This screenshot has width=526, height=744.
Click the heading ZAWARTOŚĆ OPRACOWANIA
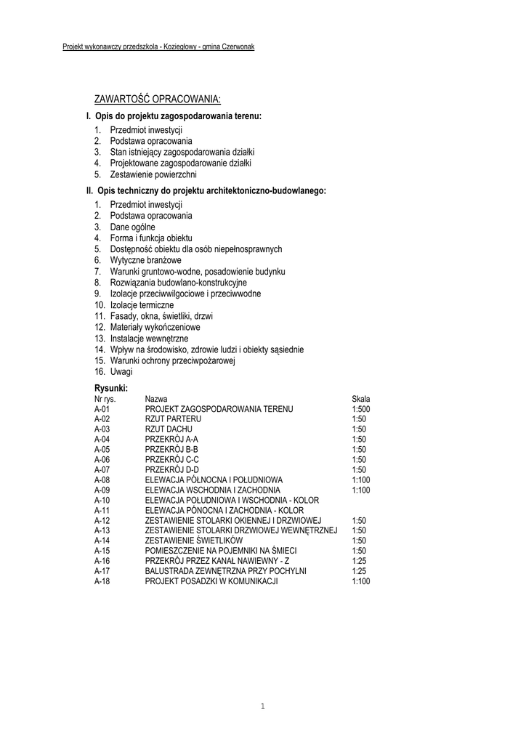pos(157,99)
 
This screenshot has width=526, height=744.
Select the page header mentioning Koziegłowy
pos(158,46)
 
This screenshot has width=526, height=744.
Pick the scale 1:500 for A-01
pos(360,409)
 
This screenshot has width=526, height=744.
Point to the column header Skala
pos(360,399)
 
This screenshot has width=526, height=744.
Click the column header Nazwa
pos(156,399)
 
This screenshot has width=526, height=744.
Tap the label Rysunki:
pos(110,388)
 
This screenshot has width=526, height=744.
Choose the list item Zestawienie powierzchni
pos(153,175)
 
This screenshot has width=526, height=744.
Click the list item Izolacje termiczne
pos(142,305)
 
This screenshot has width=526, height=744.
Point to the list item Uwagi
pos(121,371)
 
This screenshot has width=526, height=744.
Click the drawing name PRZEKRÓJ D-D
pos(171,469)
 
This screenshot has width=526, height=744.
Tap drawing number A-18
pos(102,581)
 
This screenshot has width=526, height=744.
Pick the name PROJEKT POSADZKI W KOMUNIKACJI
pos(212,581)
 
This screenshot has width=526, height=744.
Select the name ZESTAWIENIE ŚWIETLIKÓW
pos(194,541)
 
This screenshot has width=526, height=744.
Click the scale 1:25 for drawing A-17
pos(358,571)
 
